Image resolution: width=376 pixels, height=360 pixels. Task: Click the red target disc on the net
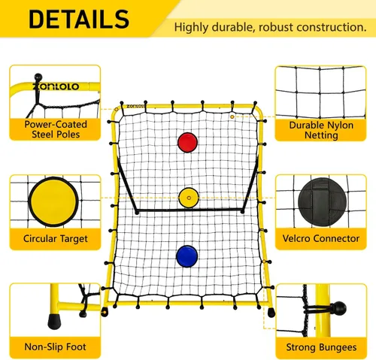pos(187,143)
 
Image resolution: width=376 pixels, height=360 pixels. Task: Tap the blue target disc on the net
pos(187,256)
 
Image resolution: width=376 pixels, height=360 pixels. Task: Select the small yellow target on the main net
pos(189,198)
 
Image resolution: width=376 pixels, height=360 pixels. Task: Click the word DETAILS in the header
pos(79,20)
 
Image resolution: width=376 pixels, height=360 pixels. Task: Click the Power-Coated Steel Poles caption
pos(56,129)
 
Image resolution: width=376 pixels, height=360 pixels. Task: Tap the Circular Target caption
pos(56,239)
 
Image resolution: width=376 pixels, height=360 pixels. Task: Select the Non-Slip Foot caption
pos(55,347)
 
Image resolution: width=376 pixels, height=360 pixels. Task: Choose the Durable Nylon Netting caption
pos(321,130)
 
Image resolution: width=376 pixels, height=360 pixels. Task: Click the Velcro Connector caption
pos(321,238)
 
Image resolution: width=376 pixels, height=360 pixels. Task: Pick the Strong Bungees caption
pos(321,347)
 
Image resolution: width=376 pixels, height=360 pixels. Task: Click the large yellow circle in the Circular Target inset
pos(53,201)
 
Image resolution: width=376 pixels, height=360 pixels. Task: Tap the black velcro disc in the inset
pos(323,202)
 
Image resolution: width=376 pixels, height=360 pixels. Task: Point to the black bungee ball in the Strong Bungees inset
pos(339,309)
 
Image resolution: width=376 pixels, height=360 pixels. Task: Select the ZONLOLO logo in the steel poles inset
pos(56,86)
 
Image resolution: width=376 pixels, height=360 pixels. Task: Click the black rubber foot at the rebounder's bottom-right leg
pos(271,313)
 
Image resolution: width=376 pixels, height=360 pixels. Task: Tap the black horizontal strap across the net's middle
pos(190,210)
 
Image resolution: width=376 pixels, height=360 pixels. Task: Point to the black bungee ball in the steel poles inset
pos(38,77)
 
